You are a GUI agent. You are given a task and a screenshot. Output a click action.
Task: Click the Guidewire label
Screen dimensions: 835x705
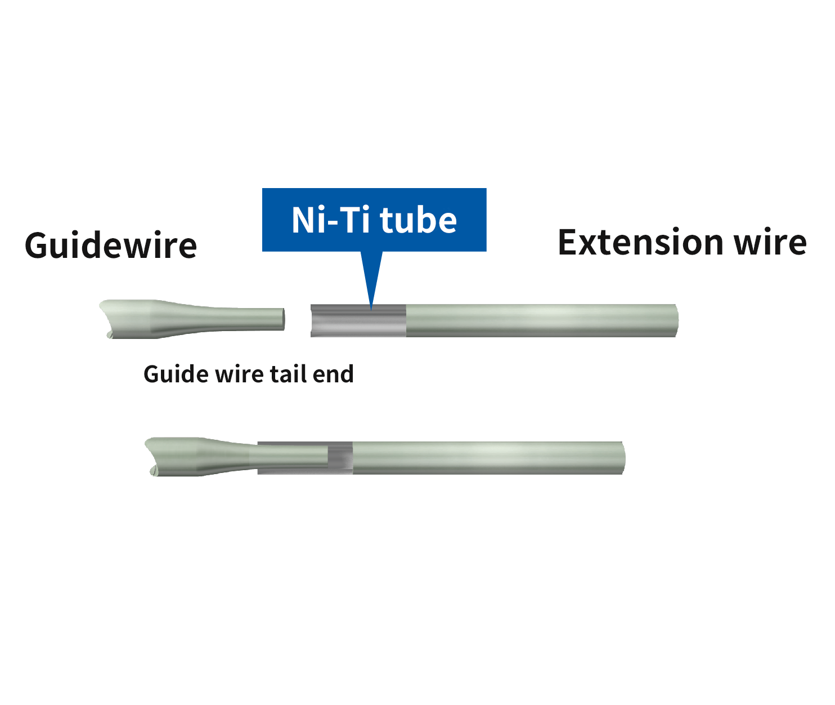tap(111, 245)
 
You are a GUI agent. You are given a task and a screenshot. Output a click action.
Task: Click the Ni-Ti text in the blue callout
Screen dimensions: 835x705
tap(331, 220)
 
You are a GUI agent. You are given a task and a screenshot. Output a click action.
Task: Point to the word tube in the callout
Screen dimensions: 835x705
tap(418, 220)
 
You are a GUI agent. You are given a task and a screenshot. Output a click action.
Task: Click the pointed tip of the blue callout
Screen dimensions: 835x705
tap(371, 310)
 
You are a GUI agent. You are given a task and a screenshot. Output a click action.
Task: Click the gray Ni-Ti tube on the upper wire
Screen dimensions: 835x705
tap(358, 320)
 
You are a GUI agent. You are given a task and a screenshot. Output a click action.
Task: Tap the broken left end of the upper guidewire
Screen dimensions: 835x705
tap(106, 319)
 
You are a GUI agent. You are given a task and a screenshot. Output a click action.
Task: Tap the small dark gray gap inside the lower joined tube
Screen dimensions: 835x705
tap(340, 458)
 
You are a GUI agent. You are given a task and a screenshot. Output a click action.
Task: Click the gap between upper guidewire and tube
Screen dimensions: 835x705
tap(298, 320)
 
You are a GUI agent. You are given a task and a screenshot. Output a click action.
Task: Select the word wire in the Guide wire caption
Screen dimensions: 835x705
tap(239, 374)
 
